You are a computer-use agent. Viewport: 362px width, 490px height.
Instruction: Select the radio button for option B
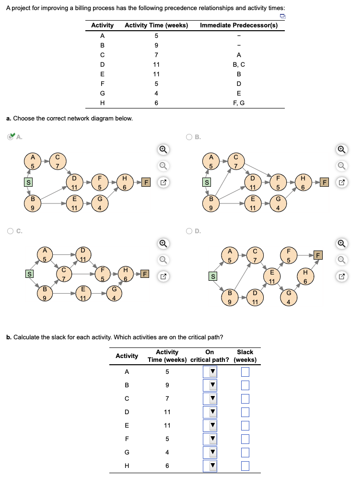pyautogui.click(x=189, y=137)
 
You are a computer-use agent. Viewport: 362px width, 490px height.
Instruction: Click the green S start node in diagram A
pyautogui.click(x=28, y=182)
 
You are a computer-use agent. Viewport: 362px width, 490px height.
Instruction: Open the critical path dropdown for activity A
pyautogui.click(x=210, y=372)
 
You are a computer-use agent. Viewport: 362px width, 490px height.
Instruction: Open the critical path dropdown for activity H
pyautogui.click(x=210, y=466)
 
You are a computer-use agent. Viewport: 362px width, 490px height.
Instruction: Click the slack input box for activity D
pyautogui.click(x=245, y=412)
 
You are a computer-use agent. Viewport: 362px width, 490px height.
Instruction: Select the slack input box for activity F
pyautogui.click(x=245, y=439)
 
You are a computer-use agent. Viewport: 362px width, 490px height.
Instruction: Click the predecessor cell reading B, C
pyautogui.click(x=239, y=64)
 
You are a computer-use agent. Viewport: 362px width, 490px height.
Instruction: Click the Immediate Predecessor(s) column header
pyautogui.click(x=239, y=25)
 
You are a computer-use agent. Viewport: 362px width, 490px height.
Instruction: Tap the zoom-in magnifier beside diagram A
pyautogui.click(x=163, y=149)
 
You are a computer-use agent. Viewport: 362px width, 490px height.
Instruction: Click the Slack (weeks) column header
pyautogui.click(x=245, y=356)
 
